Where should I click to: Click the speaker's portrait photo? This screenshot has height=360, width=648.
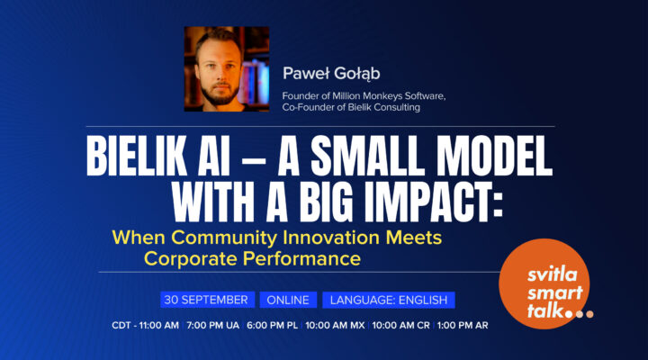click(x=227, y=68)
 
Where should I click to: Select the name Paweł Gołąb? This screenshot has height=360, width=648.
click(x=323, y=72)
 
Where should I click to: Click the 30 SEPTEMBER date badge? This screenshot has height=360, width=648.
click(x=206, y=301)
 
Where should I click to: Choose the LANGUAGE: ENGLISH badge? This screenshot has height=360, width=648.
click(x=389, y=301)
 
